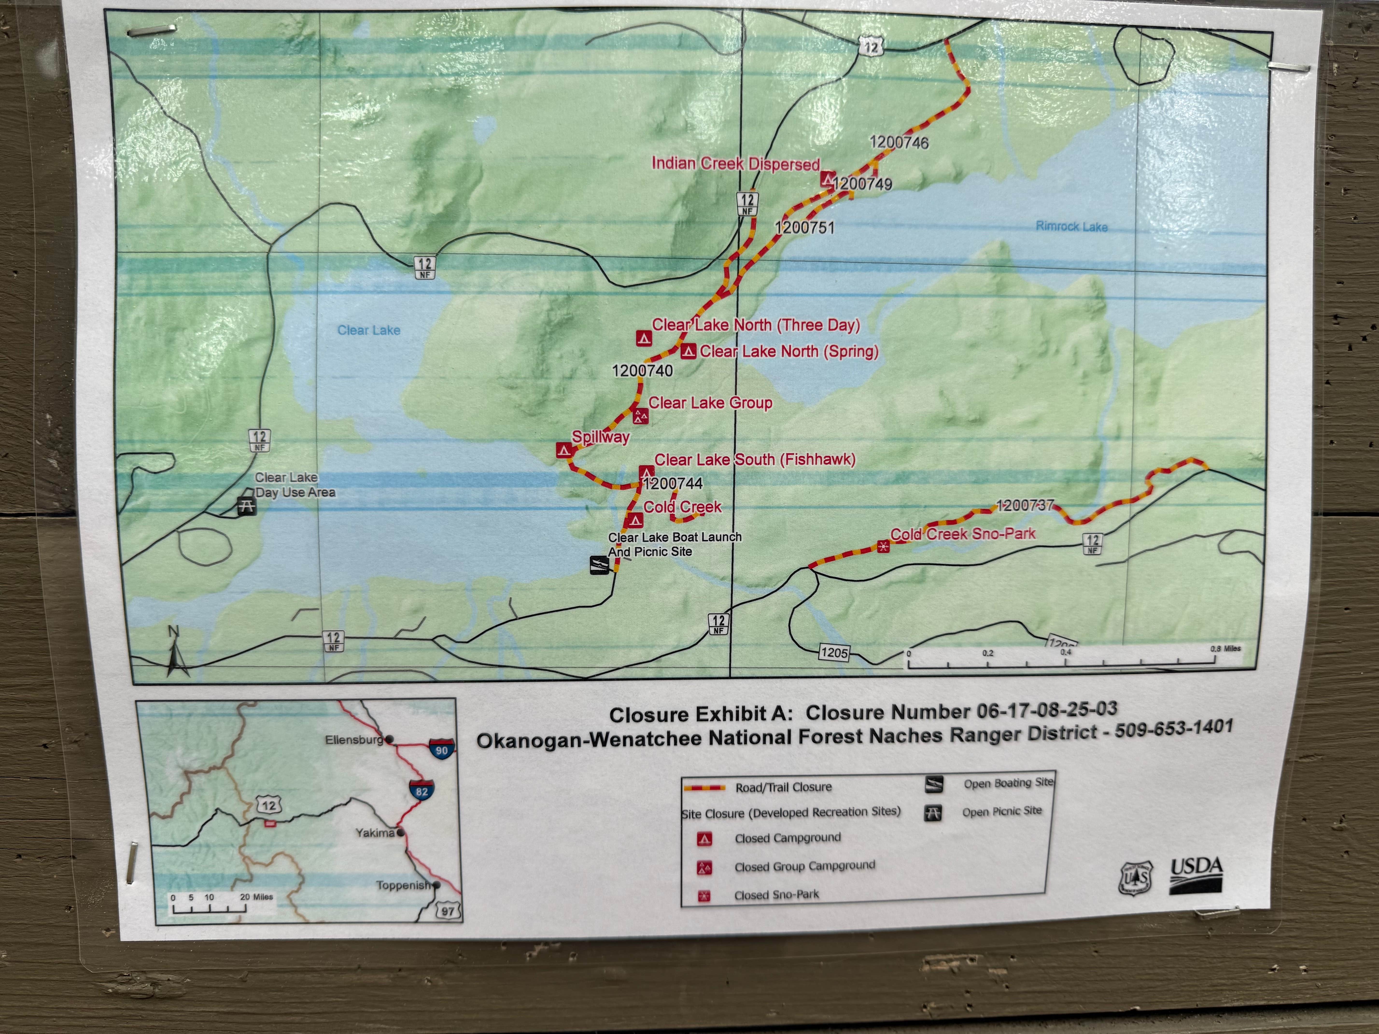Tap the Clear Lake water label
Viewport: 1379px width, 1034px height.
pos(368,330)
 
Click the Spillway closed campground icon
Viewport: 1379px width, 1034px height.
pos(563,450)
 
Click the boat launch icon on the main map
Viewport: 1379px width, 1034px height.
pos(599,565)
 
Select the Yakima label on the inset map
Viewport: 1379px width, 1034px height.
pos(375,833)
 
